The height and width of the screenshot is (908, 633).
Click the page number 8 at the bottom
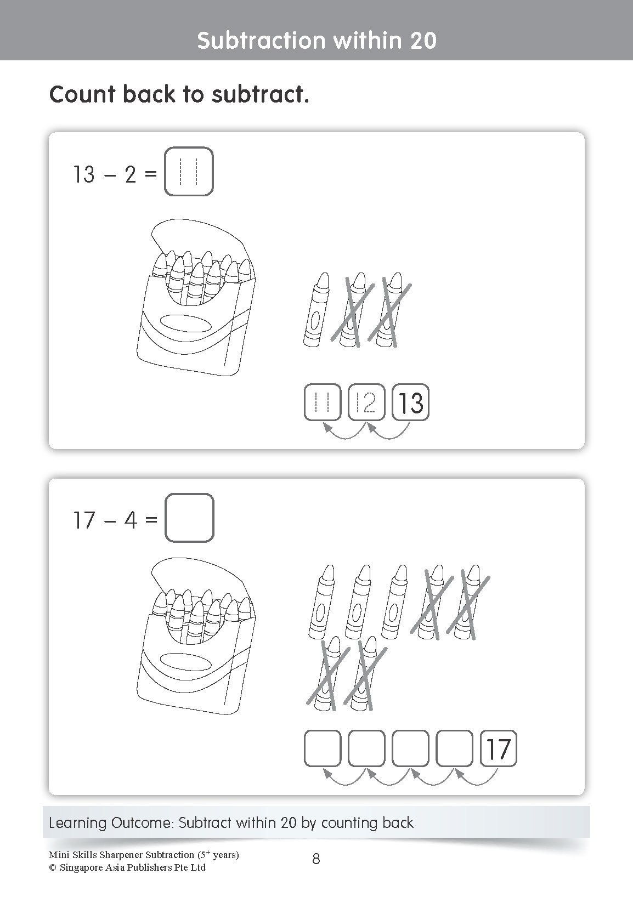click(x=316, y=859)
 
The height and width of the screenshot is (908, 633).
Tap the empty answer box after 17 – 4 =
click(x=189, y=518)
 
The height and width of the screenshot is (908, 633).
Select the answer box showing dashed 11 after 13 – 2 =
click(x=189, y=172)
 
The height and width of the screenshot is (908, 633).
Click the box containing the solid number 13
click(x=410, y=403)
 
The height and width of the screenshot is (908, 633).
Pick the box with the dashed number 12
click(x=366, y=403)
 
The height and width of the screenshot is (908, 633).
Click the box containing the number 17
click(x=498, y=748)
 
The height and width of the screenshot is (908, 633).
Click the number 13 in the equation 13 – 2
click(x=84, y=175)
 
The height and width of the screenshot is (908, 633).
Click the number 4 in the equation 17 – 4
click(x=131, y=520)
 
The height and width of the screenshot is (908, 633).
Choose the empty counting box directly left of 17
click(x=454, y=748)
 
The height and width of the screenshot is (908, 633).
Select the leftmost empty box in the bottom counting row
click(x=323, y=748)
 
